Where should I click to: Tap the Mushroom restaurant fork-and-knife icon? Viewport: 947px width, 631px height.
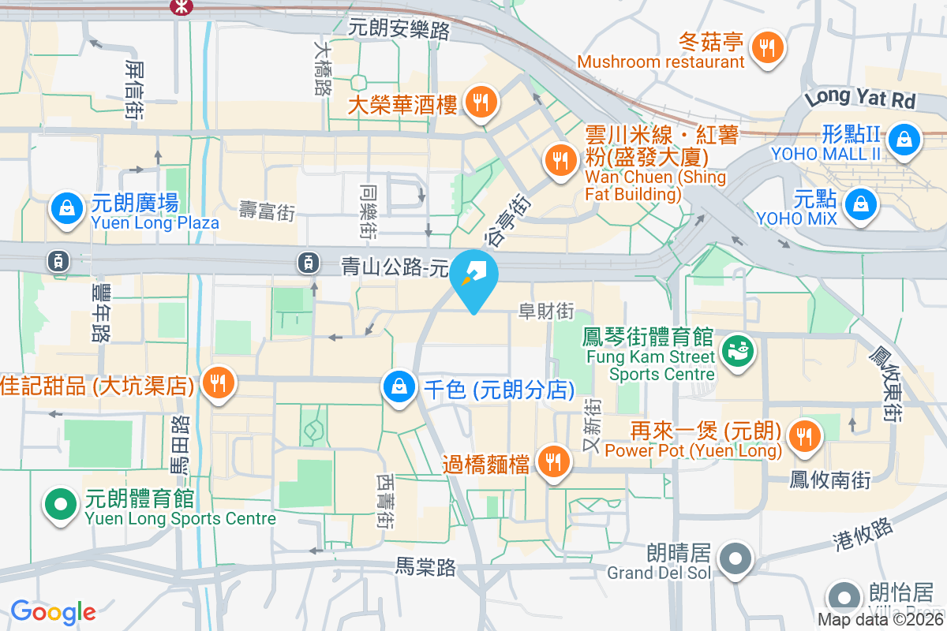tap(766, 47)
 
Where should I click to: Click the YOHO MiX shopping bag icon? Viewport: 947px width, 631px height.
tap(859, 205)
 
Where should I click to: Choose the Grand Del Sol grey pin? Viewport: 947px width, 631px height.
tap(736, 558)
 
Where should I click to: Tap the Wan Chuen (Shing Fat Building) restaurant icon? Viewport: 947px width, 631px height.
tap(560, 160)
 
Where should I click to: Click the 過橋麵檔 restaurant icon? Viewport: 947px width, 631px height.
tap(552, 461)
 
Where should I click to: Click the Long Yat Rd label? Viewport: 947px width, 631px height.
tap(859, 98)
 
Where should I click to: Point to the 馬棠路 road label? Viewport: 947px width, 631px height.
tap(425, 566)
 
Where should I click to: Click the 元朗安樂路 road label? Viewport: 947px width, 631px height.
tap(399, 30)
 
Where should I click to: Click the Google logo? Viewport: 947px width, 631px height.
tap(53, 611)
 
